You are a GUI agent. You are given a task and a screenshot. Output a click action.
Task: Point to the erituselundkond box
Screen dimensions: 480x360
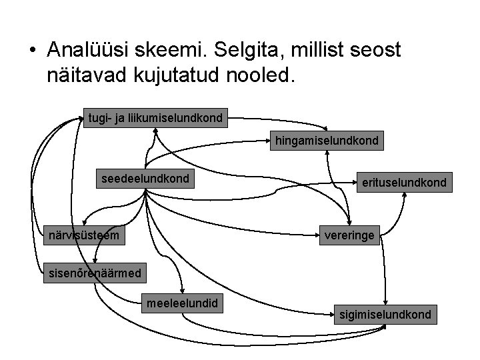[404, 181]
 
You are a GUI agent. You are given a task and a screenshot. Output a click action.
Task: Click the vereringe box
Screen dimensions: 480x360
[349, 235]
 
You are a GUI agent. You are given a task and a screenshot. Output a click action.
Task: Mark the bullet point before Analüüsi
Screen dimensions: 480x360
[31, 51]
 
